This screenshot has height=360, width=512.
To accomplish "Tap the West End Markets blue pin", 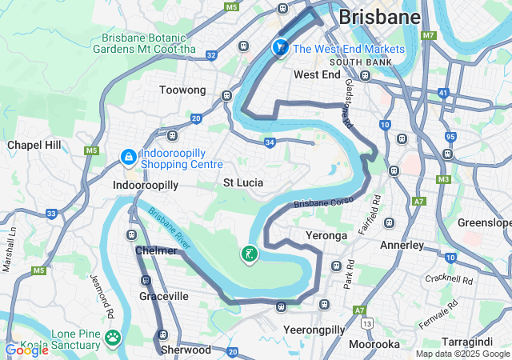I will (x=280, y=49).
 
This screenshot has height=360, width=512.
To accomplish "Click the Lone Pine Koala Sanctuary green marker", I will (x=113, y=339).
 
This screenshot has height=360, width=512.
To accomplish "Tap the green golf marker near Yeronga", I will (x=250, y=255).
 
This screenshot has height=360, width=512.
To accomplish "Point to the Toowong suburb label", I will (x=182, y=90).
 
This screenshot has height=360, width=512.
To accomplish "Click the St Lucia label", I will (x=243, y=182).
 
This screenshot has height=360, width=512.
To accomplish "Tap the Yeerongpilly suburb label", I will (x=313, y=329).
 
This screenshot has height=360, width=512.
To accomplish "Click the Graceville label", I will (x=164, y=296).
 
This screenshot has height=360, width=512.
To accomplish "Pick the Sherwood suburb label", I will (x=186, y=350).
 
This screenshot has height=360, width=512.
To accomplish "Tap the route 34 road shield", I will (x=270, y=142).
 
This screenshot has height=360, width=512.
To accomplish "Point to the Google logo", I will (x=26, y=350).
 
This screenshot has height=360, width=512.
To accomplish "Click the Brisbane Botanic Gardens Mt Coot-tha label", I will (x=144, y=43).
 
